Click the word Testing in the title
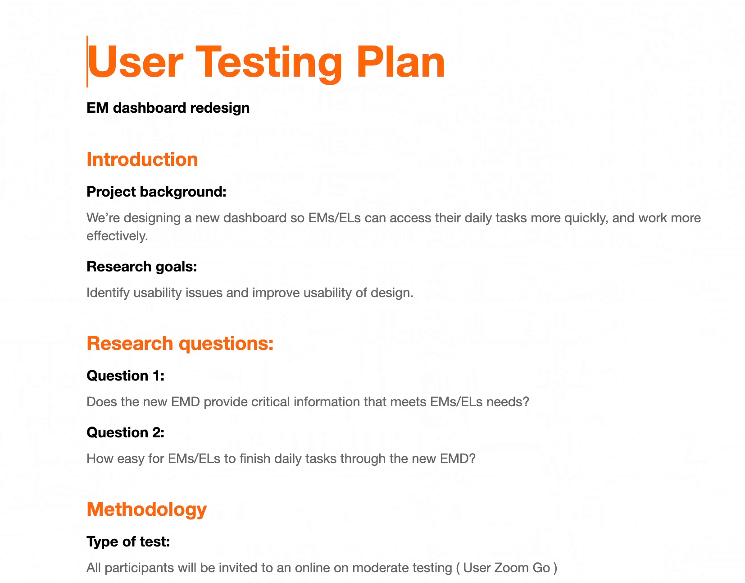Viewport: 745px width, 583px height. click(269, 64)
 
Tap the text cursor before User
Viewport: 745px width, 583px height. click(87, 61)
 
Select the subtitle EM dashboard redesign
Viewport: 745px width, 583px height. click(168, 108)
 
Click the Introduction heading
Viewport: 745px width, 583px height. click(142, 160)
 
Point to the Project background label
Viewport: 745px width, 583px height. click(156, 192)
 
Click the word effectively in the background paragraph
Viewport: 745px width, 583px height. click(117, 236)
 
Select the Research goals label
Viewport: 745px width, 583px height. click(141, 266)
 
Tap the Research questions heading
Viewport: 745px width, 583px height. click(180, 344)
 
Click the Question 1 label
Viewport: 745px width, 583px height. click(126, 376)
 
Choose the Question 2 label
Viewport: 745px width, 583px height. click(126, 432)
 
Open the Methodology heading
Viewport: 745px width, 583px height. click(147, 509)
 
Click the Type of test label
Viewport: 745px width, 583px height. click(128, 542)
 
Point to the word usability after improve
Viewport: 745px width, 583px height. click(327, 293)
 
